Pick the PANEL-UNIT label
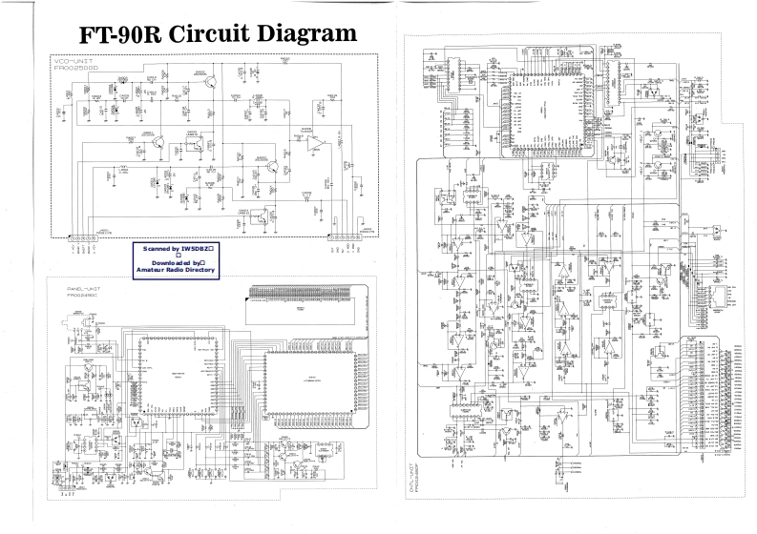point(84,288)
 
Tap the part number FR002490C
point(84,296)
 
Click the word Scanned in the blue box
point(158,248)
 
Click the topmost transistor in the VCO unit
point(217,79)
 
